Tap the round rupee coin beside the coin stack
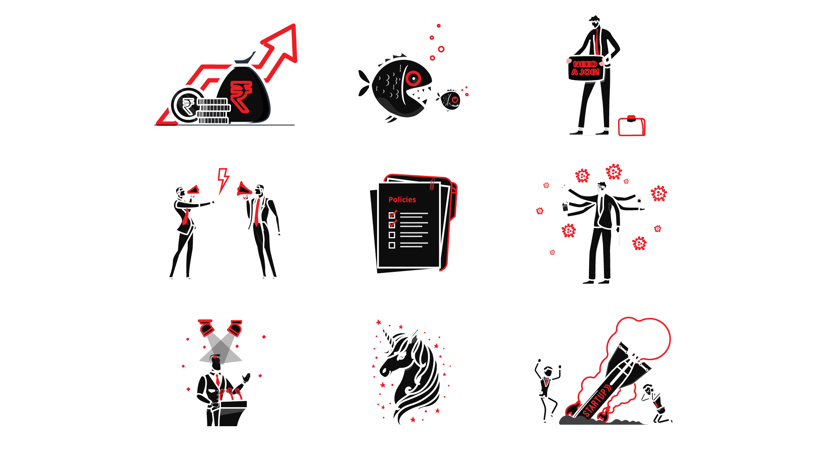[188, 105]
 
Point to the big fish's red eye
[414, 79]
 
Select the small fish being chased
[449, 100]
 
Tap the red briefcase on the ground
[632, 126]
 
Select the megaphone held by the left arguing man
[194, 190]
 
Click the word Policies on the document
[402, 200]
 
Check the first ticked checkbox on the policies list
[392, 214]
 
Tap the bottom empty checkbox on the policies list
[392, 245]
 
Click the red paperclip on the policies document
[432, 184]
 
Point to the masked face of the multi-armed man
[601, 188]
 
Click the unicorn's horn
[387, 335]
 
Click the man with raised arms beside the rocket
[547, 390]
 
